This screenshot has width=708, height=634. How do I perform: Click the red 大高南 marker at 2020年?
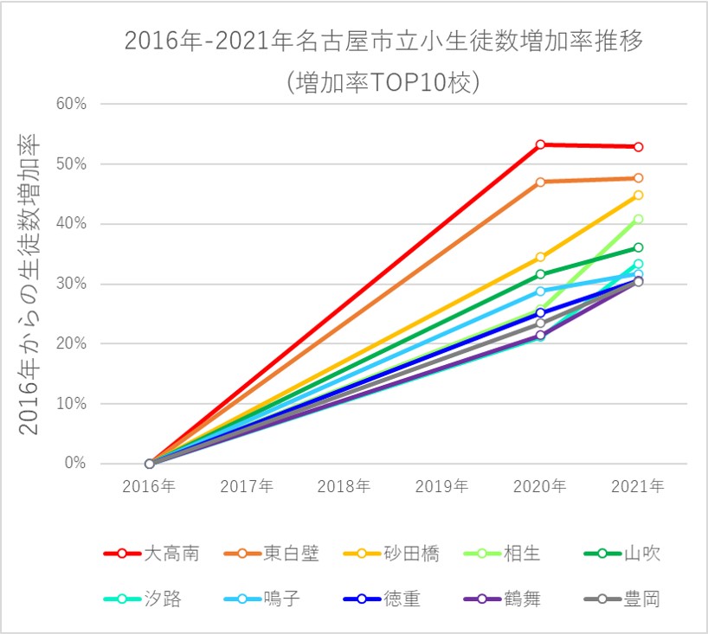point(540,144)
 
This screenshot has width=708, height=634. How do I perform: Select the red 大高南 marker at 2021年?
point(638,147)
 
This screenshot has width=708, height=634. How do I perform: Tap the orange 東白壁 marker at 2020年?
point(540,182)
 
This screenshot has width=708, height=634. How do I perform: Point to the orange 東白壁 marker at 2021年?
point(638,178)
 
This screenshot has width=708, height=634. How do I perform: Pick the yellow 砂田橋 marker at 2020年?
point(540,257)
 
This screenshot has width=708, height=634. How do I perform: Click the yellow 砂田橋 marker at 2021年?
point(638,195)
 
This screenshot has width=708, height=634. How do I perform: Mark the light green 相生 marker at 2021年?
point(638,219)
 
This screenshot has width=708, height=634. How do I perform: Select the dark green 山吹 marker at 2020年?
point(540,274)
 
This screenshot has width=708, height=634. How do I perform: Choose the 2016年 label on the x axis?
point(149,487)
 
